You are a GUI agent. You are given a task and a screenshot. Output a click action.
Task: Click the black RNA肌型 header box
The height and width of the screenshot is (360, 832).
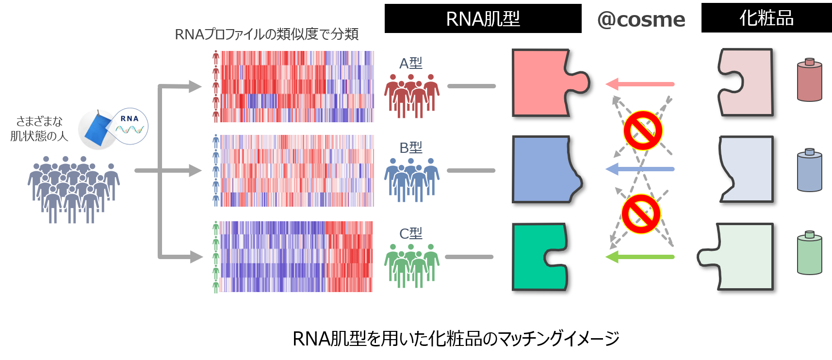[x=483, y=18]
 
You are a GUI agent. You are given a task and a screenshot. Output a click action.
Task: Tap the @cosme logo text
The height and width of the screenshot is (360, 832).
[x=641, y=19]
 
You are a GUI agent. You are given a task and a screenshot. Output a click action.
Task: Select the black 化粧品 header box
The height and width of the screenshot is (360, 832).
[x=766, y=18]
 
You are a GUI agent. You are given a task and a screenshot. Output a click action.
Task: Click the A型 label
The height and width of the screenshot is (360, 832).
[x=410, y=63]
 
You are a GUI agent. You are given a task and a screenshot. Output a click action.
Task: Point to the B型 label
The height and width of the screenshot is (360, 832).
[x=410, y=147]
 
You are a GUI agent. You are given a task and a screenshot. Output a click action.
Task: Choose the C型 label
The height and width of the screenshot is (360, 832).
[x=410, y=233]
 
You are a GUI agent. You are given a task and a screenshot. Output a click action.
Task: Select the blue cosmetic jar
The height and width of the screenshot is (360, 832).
[x=809, y=170]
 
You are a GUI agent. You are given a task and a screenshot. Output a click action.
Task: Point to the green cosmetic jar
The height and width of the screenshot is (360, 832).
[x=809, y=253]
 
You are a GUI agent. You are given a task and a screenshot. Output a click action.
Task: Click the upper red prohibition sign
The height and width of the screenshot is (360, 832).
[x=642, y=131]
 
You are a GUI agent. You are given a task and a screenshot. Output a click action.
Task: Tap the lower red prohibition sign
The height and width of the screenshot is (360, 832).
[x=641, y=214]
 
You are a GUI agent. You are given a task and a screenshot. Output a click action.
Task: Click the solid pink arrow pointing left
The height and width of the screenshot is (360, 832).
[x=640, y=84]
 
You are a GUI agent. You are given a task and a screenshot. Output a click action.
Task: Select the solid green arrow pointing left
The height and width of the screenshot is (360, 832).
[x=640, y=257]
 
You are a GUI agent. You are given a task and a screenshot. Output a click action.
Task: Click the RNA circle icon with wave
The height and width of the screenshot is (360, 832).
[x=130, y=126]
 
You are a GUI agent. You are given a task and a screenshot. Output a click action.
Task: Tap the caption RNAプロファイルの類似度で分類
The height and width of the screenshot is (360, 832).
[x=266, y=34]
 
